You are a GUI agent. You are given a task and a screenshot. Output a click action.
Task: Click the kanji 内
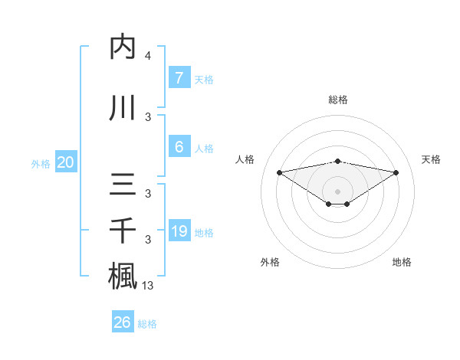123,47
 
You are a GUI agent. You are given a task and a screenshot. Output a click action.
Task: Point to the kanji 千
123,231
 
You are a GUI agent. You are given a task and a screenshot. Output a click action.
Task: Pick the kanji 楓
123,276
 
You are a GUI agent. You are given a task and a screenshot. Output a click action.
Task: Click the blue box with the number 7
179,77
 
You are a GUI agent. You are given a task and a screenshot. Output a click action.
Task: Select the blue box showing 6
179,147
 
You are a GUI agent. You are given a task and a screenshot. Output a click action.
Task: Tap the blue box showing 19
179,231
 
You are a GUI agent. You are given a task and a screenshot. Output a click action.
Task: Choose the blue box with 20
66,162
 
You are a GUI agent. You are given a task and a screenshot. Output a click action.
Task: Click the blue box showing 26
123,322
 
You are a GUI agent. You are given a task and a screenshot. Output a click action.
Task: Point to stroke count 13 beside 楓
149,286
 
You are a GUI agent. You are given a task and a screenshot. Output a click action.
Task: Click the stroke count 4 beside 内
148,56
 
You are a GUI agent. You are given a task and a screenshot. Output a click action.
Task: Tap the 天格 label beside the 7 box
204,79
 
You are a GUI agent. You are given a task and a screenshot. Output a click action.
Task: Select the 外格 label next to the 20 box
41,163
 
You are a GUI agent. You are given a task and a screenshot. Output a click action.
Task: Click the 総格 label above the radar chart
338,100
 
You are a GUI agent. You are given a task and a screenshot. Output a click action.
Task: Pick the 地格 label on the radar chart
402,262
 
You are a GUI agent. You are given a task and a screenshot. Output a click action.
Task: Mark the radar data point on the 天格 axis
396,172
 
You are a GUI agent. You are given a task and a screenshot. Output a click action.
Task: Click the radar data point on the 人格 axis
279,172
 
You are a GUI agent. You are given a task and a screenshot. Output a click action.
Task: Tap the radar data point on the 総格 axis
338,161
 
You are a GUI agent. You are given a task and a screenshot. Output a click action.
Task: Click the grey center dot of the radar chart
338,191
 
